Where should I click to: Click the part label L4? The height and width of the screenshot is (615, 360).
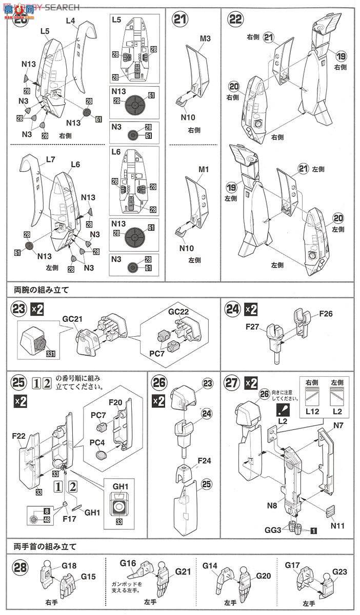pos(70,21)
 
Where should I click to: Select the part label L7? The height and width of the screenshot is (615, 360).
pos(50,160)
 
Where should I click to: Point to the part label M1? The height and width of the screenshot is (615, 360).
pos(191,170)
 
